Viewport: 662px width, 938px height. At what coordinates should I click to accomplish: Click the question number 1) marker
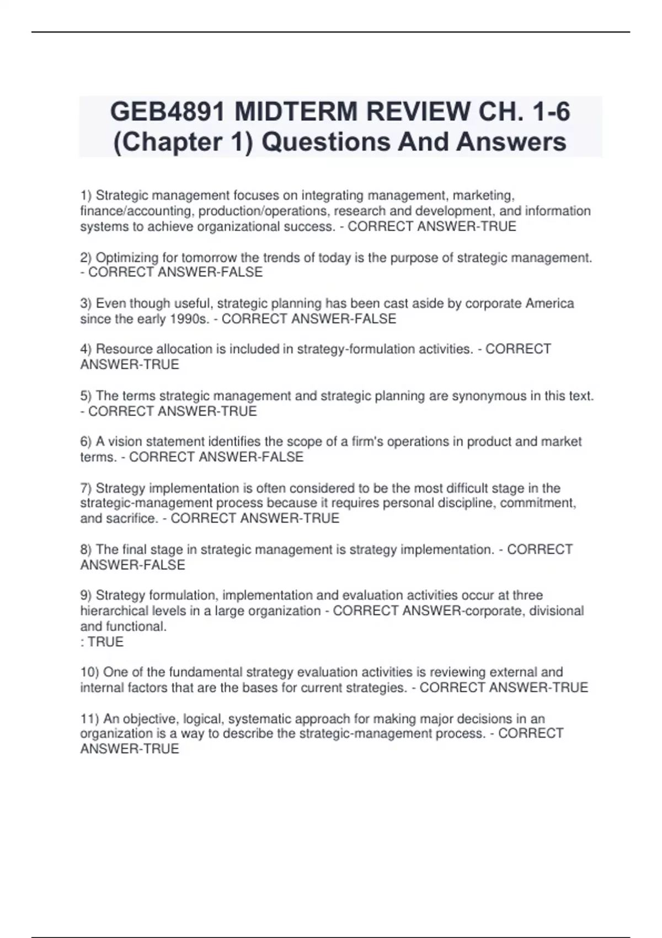(86, 195)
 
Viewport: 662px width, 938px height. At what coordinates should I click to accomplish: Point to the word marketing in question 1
(483, 195)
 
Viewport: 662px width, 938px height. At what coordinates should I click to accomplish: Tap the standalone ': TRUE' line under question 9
(102, 642)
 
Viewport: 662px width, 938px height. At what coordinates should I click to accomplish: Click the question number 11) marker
(89, 719)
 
